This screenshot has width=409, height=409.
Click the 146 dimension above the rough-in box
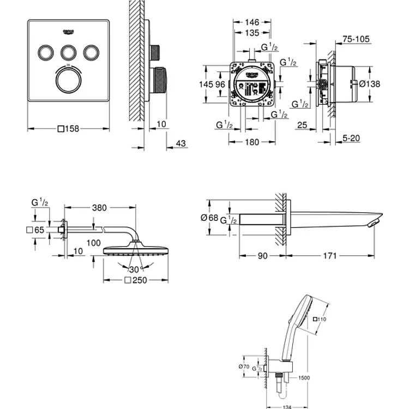pos(251,23)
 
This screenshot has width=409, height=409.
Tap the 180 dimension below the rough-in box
pos(251,143)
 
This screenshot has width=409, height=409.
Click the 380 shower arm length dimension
pos(99,207)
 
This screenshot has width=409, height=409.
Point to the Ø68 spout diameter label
pos(209,217)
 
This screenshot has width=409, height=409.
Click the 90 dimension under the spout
pos(263,255)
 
